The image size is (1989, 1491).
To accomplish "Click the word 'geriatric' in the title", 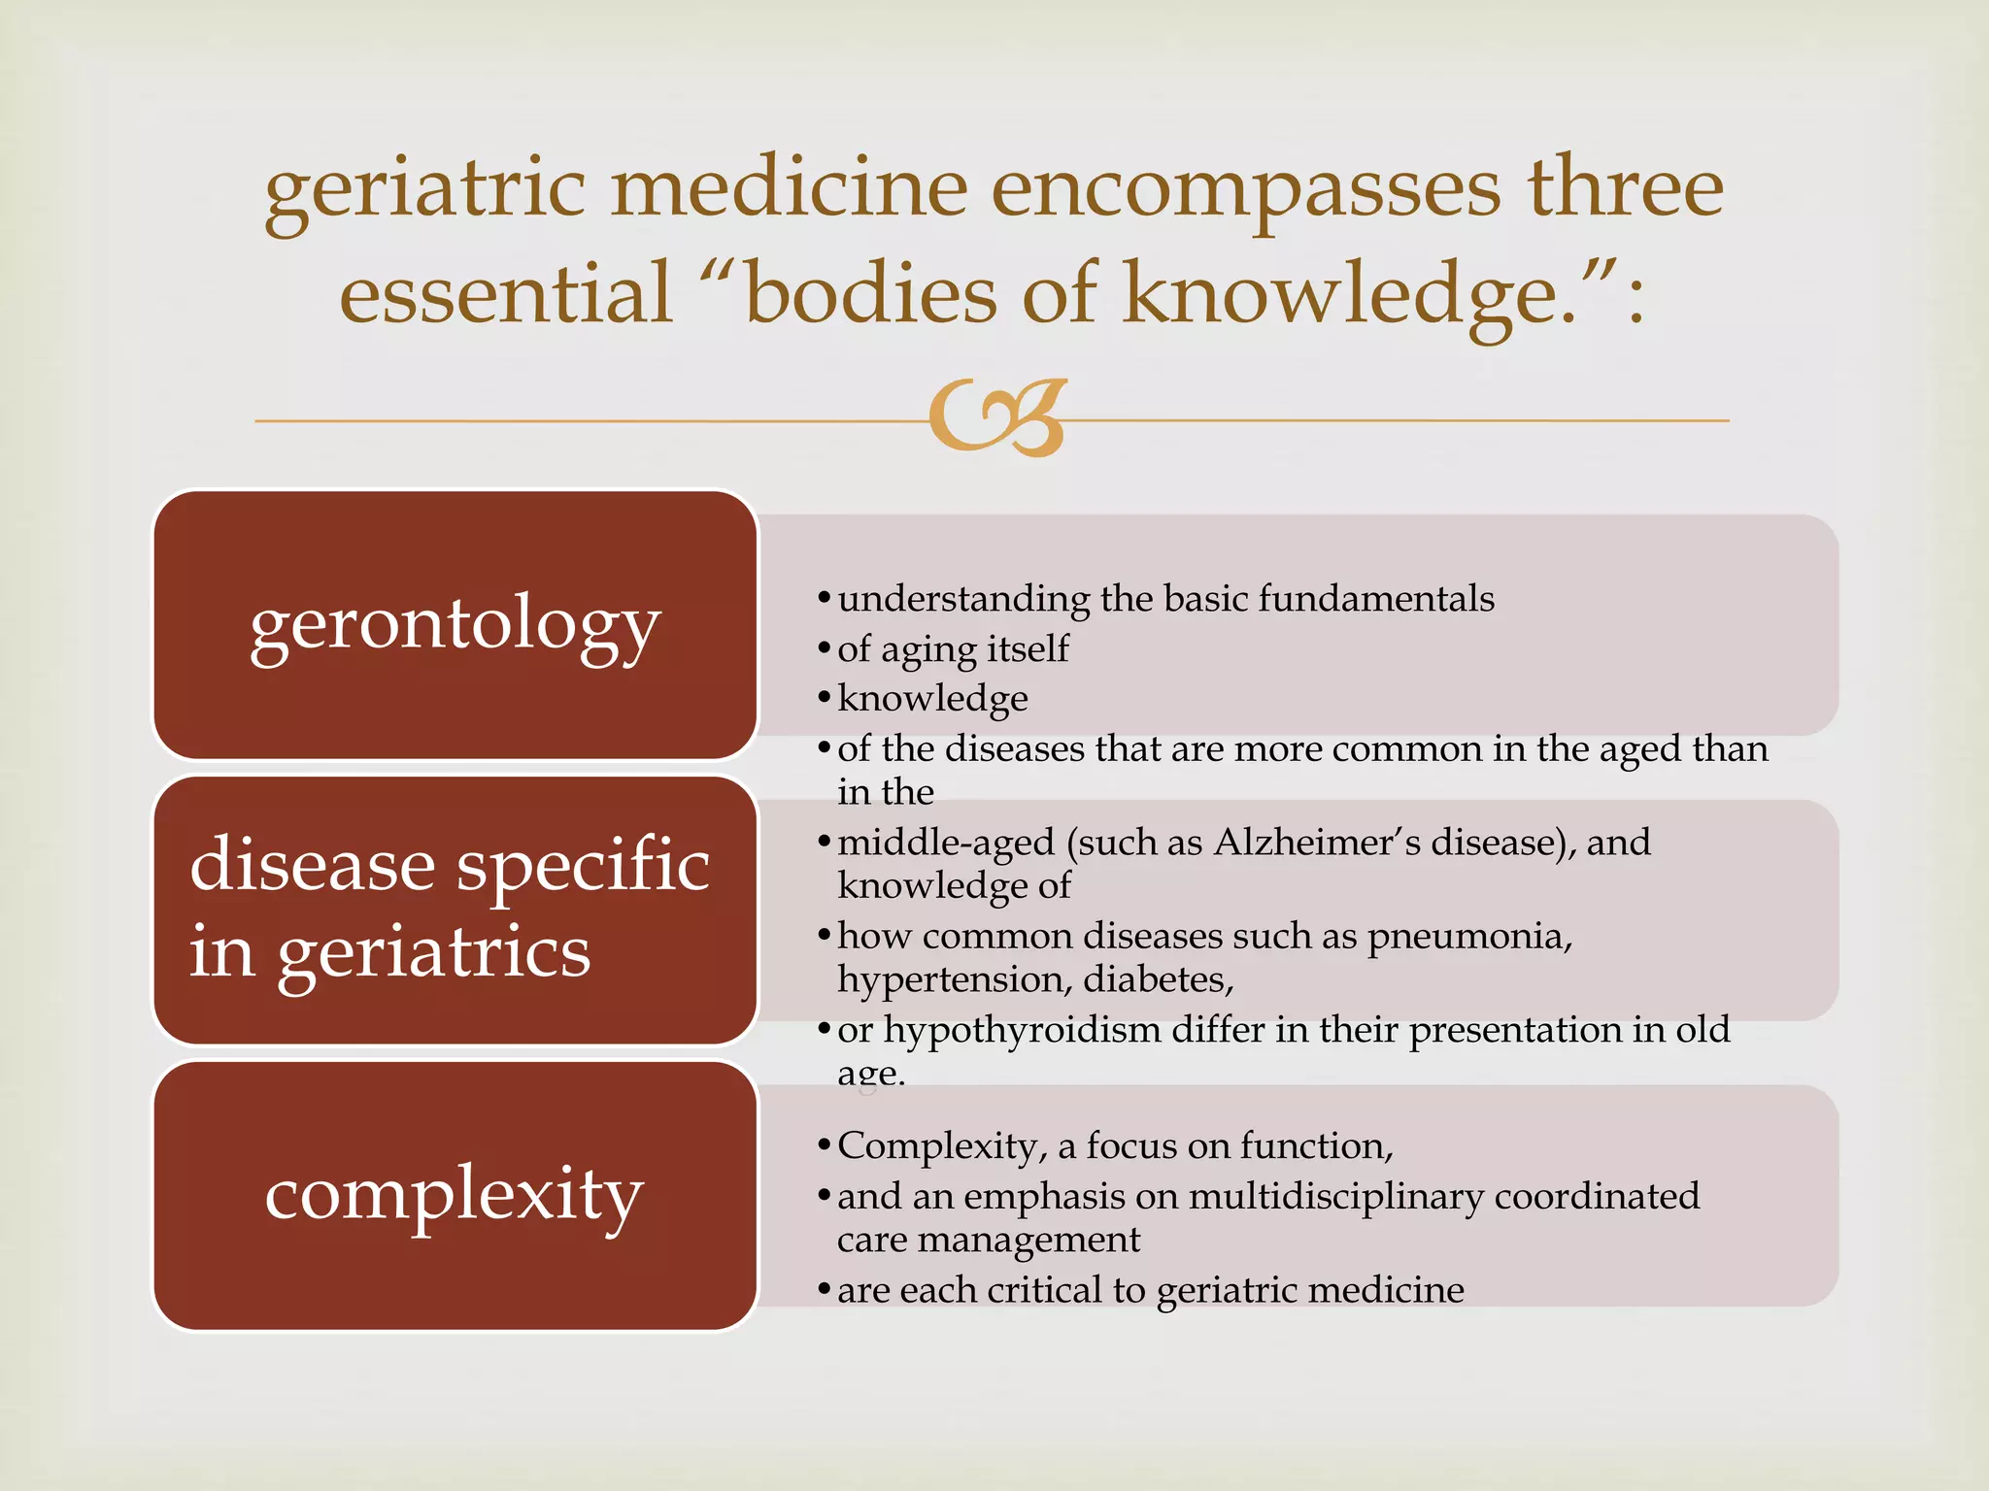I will pos(425,189).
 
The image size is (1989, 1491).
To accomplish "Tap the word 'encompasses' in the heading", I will pos(1246,189).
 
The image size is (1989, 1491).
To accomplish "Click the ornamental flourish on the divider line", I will pos(998,418).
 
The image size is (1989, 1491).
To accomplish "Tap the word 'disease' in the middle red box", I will pos(312,864).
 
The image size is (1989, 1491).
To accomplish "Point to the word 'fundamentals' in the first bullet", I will pos(1376,599).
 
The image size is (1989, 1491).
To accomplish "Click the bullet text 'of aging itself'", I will pos(953,648).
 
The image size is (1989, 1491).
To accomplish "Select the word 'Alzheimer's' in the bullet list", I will pos(1316,842).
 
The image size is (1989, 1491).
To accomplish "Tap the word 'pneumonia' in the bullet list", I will pos(1468,937).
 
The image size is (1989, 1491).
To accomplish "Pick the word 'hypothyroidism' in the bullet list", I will pos(1022,1030).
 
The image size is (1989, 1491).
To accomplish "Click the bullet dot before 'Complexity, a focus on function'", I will pos(824,1146).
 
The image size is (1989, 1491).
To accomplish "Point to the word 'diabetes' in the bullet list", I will pos(1157,979).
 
